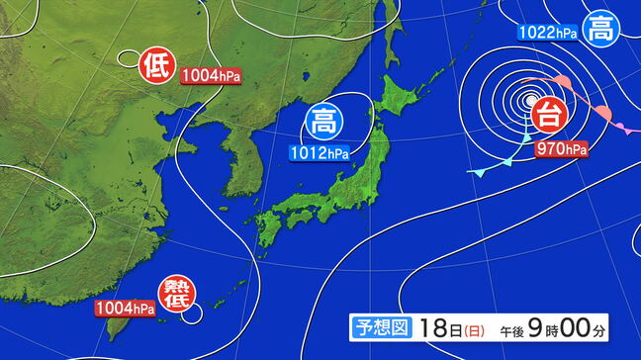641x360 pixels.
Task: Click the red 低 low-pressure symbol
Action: (156, 66)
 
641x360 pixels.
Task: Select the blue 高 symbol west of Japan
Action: (322, 123)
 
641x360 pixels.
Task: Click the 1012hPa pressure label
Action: (319, 153)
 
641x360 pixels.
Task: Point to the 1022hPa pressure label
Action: (547, 33)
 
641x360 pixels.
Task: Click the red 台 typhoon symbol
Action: (548, 116)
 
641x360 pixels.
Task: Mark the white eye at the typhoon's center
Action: (532, 100)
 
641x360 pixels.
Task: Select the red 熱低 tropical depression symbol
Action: (176, 294)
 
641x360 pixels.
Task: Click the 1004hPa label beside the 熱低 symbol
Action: (126, 309)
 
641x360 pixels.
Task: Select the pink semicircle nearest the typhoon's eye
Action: (560, 82)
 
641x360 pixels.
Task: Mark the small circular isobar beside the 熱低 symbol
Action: (192, 313)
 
